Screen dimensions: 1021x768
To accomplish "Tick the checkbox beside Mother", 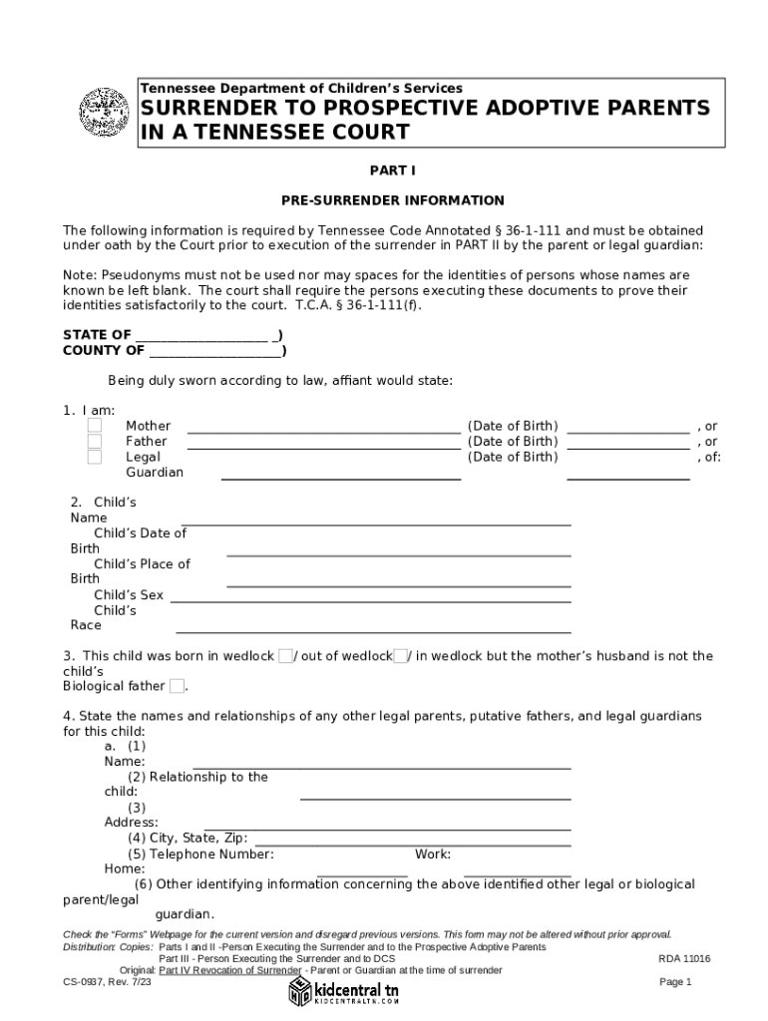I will pyautogui.click(x=94, y=426).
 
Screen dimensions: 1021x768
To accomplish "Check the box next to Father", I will pyautogui.click(x=94, y=442).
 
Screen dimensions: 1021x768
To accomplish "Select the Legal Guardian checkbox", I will pyautogui.click(x=94, y=458).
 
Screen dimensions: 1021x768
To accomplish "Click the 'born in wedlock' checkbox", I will pyautogui.click(x=285, y=656).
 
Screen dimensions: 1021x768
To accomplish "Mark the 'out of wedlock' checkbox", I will pyautogui.click(x=400, y=656).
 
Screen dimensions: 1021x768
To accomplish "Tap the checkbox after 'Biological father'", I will pyautogui.click(x=177, y=686).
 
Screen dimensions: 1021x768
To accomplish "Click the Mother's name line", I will pyautogui.click(x=324, y=433).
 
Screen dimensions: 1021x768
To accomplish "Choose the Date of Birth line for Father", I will pyautogui.click(x=627, y=449).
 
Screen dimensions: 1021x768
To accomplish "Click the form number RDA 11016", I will pyautogui.click(x=684, y=959).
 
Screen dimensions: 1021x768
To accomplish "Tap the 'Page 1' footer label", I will pyautogui.click(x=675, y=982).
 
